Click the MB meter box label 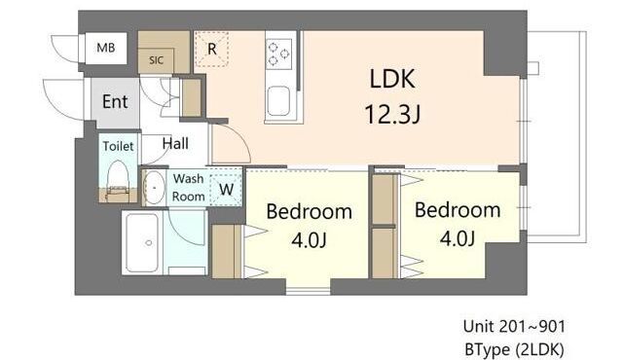point(106,48)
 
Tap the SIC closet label point(156,60)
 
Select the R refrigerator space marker point(212,50)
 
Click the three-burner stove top point(279,52)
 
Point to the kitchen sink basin point(278,101)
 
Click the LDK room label point(392,79)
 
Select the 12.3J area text point(392,114)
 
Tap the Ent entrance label point(115,101)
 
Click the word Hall point(175,143)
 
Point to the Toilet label point(118,146)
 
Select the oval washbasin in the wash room point(154,188)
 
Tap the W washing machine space point(226,188)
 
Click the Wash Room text point(188,188)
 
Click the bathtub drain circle point(149,242)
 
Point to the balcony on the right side point(557,137)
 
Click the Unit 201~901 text point(514,327)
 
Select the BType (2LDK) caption point(514,349)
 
